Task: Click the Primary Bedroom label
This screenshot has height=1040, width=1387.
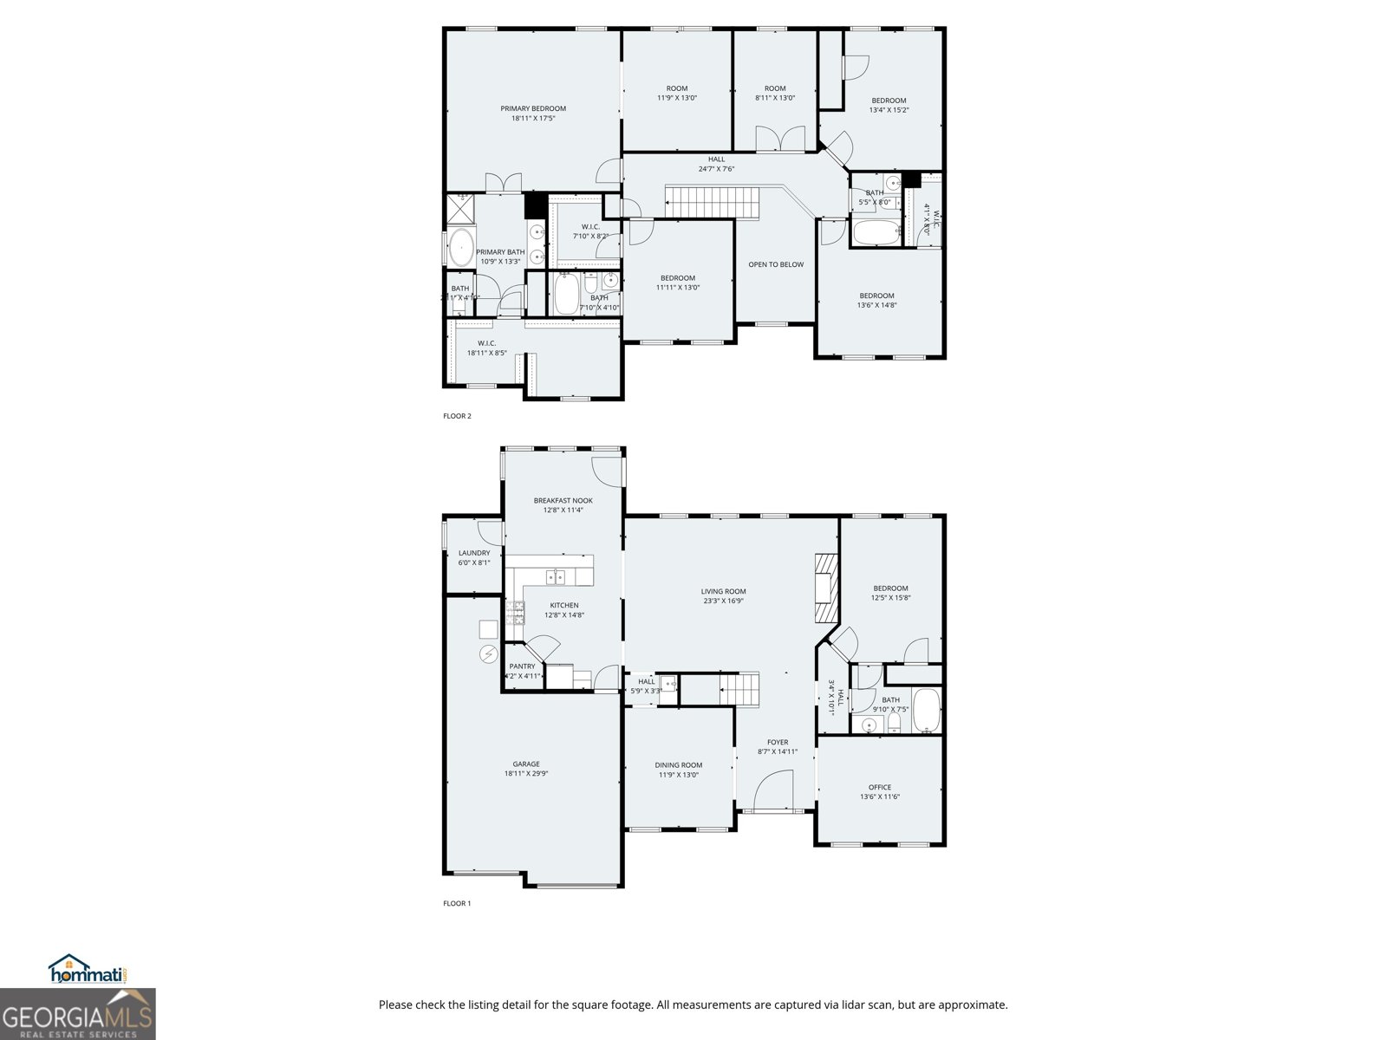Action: [x=532, y=108]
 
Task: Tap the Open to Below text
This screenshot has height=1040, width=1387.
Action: [x=776, y=264]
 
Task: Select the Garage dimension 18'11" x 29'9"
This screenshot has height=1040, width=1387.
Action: [x=526, y=774]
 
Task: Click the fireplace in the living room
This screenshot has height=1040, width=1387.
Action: [x=826, y=588]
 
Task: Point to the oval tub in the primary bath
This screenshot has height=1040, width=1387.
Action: [x=460, y=247]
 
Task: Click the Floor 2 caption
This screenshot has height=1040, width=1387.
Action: [x=457, y=416]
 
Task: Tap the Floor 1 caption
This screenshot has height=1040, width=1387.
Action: [x=457, y=903]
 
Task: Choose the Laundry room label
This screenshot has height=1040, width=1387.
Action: [x=474, y=553]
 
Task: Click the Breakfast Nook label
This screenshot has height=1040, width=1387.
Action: [x=563, y=500]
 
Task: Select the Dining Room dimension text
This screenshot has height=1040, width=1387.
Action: [x=678, y=775]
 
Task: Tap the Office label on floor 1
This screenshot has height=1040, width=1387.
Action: [x=879, y=787]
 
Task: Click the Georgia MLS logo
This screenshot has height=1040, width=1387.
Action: [x=77, y=1015]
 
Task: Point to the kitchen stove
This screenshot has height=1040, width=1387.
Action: [x=516, y=613]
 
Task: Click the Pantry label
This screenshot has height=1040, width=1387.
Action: [x=522, y=666]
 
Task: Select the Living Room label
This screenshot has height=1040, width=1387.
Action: [x=723, y=591]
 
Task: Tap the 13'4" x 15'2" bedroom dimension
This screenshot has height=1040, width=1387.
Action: [x=889, y=110]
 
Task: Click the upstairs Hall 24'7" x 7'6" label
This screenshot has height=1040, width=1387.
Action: [x=716, y=159]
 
